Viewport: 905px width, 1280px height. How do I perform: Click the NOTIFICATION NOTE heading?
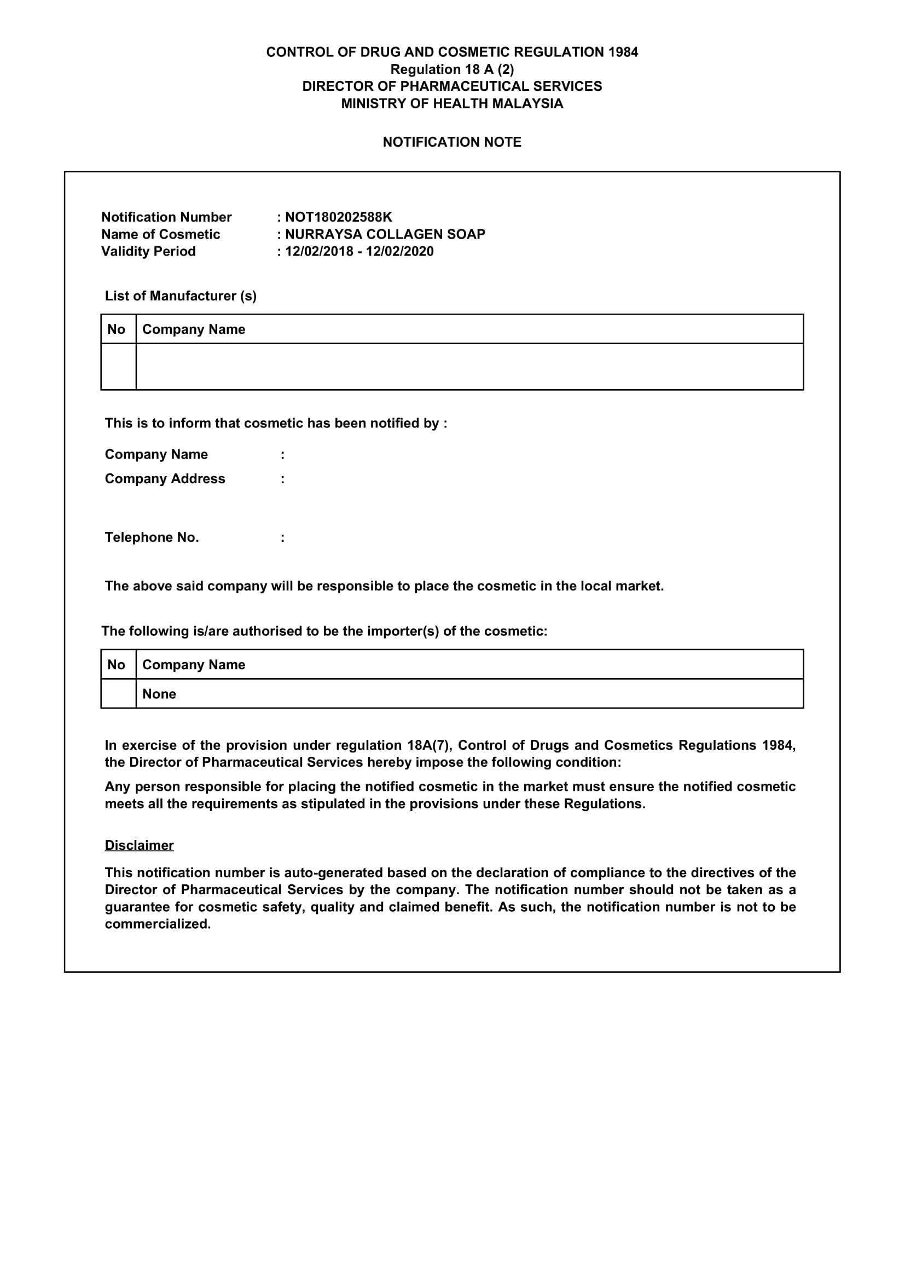(452, 142)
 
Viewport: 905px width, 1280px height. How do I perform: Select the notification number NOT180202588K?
(338, 217)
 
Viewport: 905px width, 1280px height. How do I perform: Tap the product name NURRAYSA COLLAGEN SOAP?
(385, 234)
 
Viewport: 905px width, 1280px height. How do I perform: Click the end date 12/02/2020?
(399, 251)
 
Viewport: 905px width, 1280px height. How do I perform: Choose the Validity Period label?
(148, 251)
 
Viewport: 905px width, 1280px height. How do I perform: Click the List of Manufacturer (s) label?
(181, 296)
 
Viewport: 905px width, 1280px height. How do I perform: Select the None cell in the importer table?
(159, 694)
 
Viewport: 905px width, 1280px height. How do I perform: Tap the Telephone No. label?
(152, 537)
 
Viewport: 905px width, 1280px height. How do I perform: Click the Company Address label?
(165, 479)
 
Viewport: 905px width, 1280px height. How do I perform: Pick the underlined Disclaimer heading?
(140, 845)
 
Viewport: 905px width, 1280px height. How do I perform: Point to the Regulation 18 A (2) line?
(452, 69)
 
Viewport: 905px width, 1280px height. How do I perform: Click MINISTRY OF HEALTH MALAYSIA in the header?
(452, 103)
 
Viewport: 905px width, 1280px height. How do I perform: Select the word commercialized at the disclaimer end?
(158, 924)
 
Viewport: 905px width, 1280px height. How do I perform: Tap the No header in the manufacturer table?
(117, 329)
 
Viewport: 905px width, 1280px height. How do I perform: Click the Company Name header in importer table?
(194, 665)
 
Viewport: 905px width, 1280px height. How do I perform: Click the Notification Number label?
(166, 217)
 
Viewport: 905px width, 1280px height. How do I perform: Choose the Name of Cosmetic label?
(160, 234)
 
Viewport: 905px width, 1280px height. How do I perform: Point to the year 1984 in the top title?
(623, 53)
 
